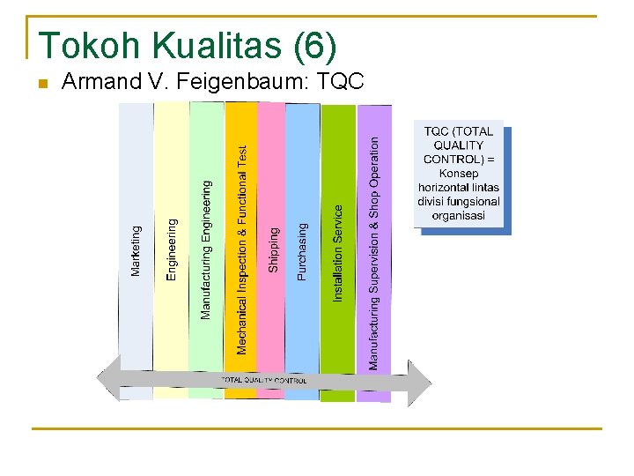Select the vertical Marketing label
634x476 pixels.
[136, 250]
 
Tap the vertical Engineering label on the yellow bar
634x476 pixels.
[172, 249]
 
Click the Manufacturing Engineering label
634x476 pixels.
[206, 249]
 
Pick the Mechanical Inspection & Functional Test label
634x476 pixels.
[242, 249]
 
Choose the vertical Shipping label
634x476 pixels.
[273, 249]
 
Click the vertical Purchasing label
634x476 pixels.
[303, 251]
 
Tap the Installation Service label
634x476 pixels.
[338, 253]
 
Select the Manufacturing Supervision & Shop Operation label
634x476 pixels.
[374, 252]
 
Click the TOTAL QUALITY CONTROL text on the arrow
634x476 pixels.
[263, 381]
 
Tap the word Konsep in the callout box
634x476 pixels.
[459, 174]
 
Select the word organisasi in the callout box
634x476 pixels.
[458, 215]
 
